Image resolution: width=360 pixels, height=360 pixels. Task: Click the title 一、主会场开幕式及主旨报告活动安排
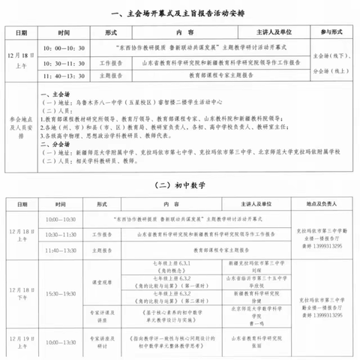coord(179,13)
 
